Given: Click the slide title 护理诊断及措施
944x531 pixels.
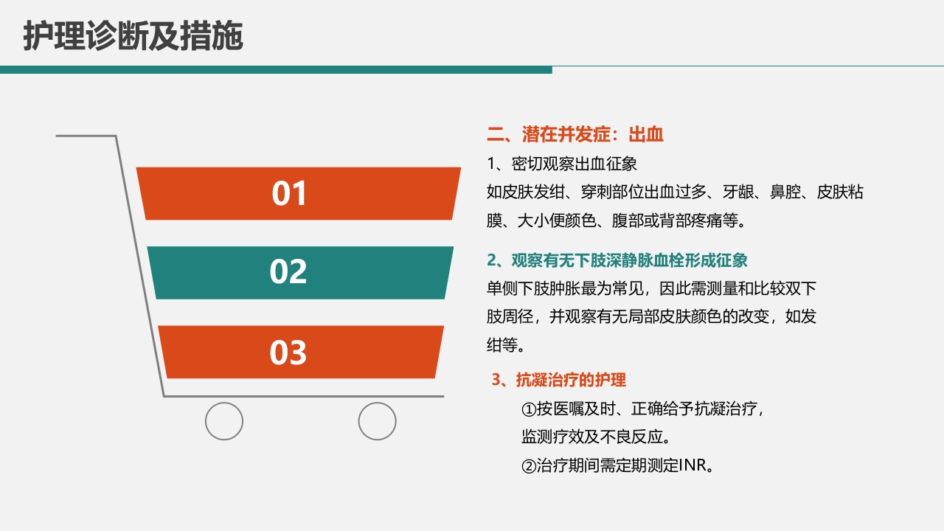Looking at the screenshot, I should (133, 36).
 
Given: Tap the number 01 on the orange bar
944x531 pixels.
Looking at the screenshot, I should (289, 193).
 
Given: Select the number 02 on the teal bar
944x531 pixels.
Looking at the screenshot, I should (288, 272).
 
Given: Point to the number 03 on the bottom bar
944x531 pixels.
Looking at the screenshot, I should (288, 353).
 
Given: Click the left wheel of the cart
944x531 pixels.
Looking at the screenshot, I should (224, 421).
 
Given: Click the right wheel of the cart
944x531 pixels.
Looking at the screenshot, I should (377, 421).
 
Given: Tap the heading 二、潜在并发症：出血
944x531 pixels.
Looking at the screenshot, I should (575, 134).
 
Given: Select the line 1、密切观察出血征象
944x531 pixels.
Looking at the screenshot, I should (562, 163).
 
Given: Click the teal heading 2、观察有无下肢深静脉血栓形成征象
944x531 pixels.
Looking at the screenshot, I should (617, 260).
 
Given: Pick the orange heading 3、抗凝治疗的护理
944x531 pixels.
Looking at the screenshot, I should (559, 380).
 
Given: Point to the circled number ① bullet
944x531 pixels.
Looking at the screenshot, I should (528, 409).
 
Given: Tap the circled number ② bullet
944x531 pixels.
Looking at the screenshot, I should (528, 466).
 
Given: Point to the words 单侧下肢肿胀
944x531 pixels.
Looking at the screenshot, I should (524, 288).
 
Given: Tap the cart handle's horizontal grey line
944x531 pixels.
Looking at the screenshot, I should (86, 136).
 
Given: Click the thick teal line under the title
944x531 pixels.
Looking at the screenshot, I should (276, 70).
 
